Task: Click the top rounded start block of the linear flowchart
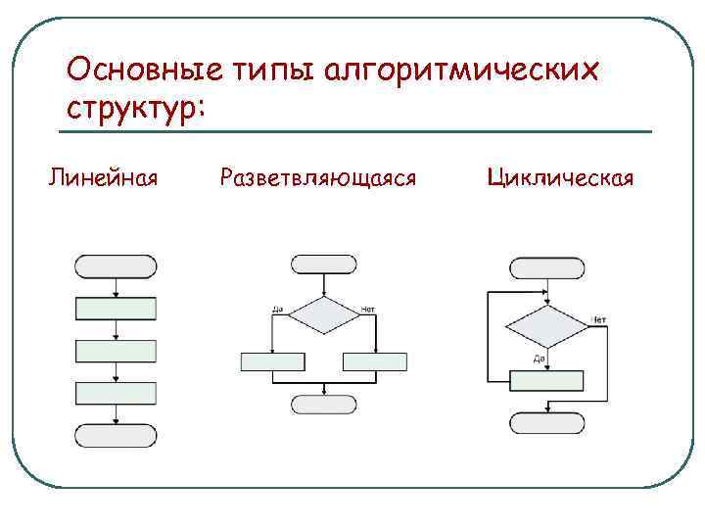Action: (117, 265)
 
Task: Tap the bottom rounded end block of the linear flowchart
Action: (117, 436)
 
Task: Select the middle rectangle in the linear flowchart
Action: (117, 351)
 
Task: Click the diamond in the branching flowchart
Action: (325, 316)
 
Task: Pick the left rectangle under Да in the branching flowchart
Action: (273, 361)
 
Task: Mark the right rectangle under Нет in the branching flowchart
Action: (375, 361)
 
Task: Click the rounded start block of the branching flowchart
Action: (325, 264)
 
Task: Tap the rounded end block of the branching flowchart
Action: (325, 404)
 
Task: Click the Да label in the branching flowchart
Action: (277, 310)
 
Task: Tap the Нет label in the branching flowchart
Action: (368, 310)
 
